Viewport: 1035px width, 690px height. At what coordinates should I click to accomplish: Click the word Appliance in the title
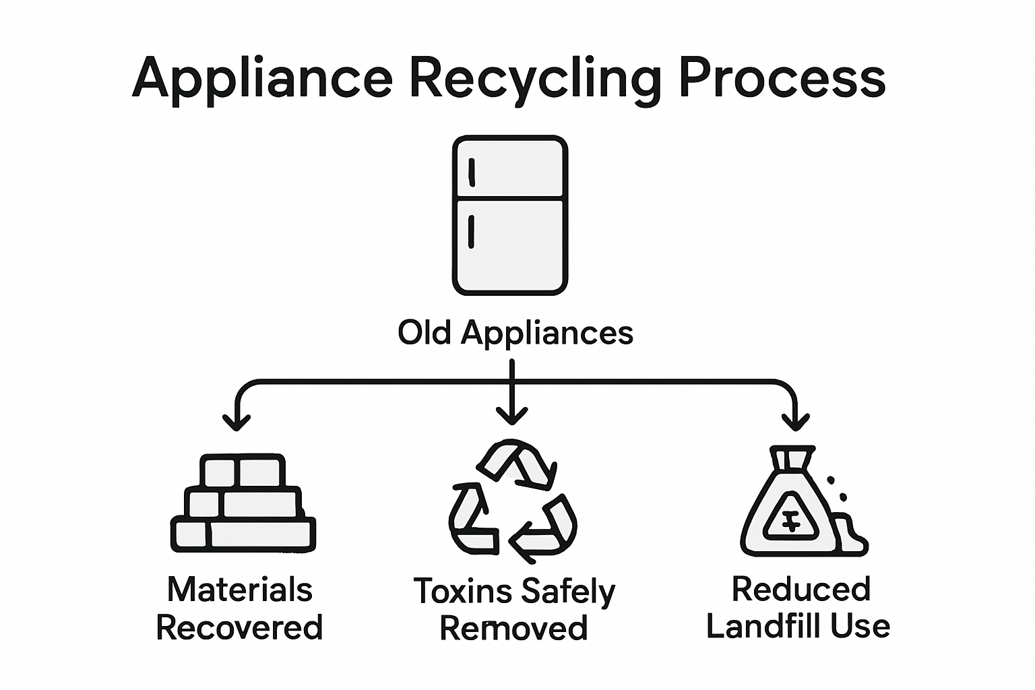point(263,77)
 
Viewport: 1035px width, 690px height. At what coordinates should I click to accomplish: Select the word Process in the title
point(781,77)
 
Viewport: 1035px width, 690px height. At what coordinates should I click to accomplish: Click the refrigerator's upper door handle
point(472,172)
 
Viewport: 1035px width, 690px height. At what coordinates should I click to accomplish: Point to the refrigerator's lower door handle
point(471,232)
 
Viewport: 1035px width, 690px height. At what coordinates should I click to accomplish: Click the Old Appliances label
point(515,332)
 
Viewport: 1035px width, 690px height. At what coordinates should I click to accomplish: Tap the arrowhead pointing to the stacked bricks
point(236,422)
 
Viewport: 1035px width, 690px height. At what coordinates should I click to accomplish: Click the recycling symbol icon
point(512,501)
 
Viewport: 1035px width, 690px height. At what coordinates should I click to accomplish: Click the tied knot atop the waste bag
point(793,459)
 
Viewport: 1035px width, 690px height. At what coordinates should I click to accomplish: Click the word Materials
point(239,590)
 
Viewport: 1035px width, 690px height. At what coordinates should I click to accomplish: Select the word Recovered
point(239,627)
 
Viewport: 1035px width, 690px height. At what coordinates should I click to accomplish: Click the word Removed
point(513,628)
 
